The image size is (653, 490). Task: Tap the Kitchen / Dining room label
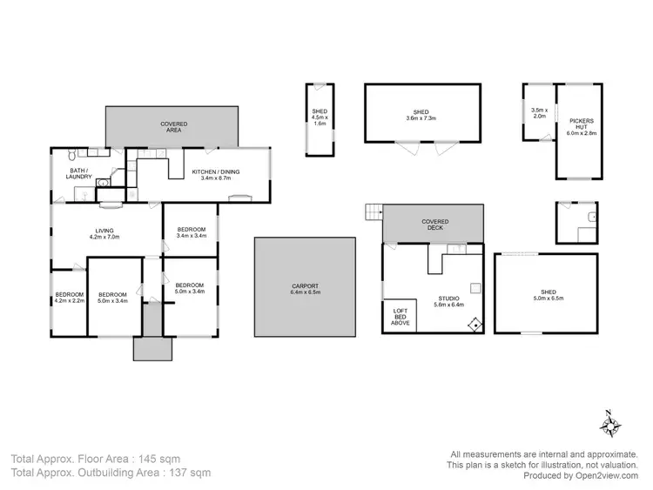[221, 175]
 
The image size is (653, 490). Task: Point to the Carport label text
[305, 289]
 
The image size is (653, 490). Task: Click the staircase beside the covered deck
[374, 212]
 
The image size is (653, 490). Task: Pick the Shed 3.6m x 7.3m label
[421, 115]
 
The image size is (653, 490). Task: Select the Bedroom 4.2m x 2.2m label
[69, 298]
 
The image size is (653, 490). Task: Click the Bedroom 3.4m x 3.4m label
[190, 232]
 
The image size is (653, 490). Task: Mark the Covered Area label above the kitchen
[173, 128]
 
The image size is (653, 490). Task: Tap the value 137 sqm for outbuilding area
[191, 473]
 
